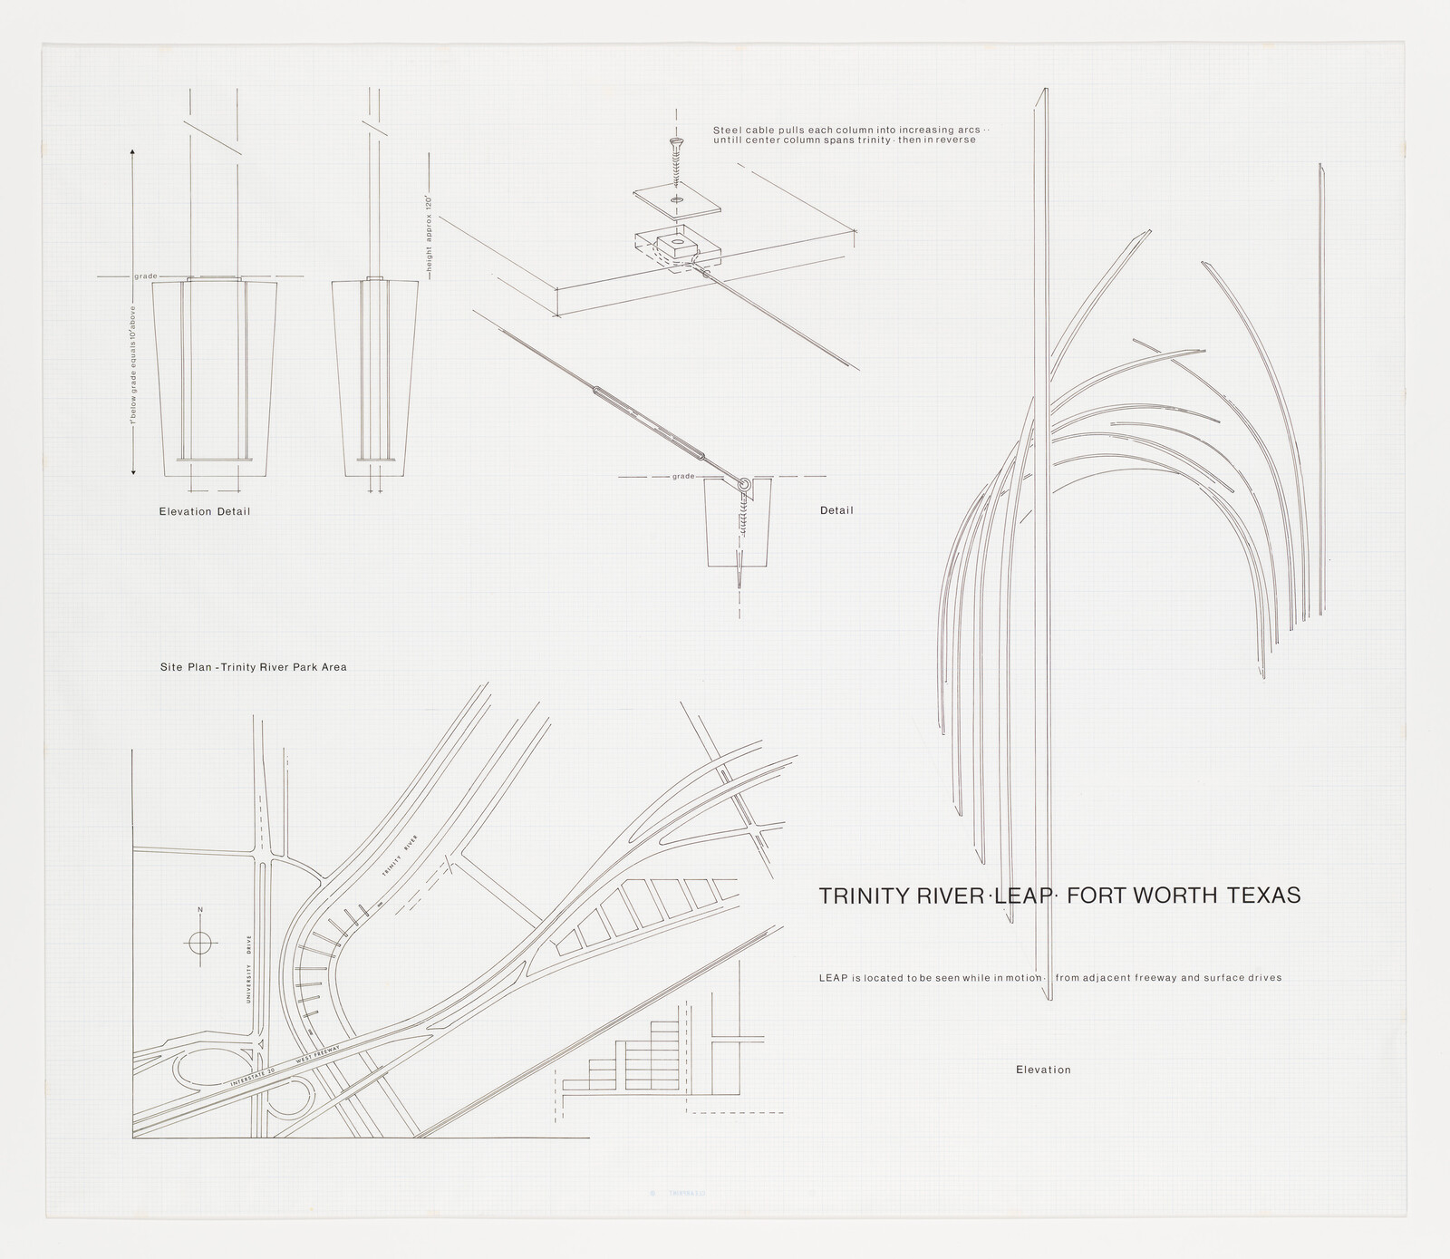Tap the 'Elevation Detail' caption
click(x=204, y=511)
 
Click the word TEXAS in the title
click(x=1262, y=896)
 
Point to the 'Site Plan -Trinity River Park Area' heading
click(x=253, y=667)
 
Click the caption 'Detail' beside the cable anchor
click(x=836, y=510)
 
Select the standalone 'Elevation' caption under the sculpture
click(x=1043, y=1070)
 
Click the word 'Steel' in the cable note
click(x=726, y=130)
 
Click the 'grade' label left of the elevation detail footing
click(x=145, y=276)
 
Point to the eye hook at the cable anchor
click(x=743, y=486)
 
